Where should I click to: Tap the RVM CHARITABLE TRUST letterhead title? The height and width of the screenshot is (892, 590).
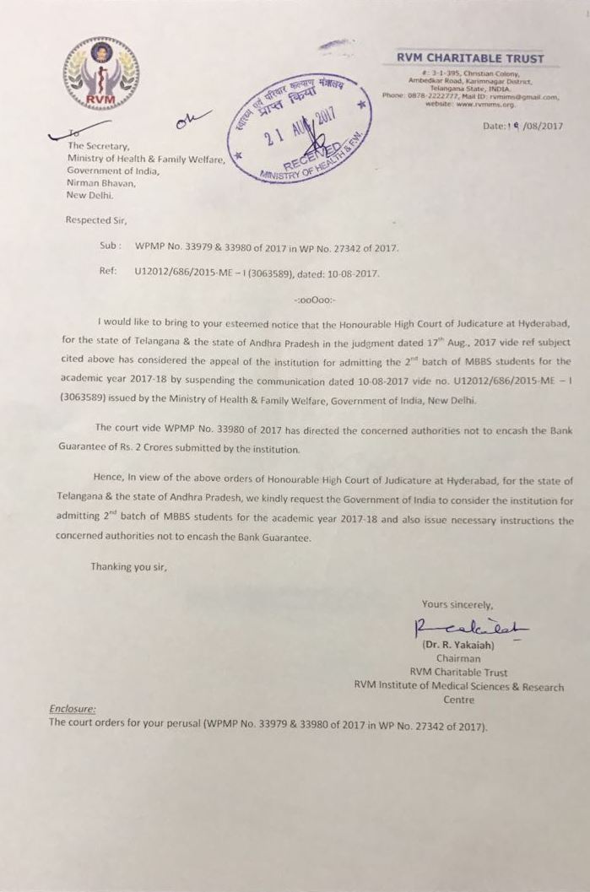471,59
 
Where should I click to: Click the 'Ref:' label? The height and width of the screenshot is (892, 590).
107,273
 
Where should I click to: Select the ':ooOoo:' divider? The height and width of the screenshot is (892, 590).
313,300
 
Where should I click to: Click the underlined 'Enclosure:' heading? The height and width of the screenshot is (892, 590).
73,710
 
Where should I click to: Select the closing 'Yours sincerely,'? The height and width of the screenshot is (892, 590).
458,604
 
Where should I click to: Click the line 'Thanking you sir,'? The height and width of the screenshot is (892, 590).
130,566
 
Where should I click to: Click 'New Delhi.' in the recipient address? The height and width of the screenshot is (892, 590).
91,195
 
